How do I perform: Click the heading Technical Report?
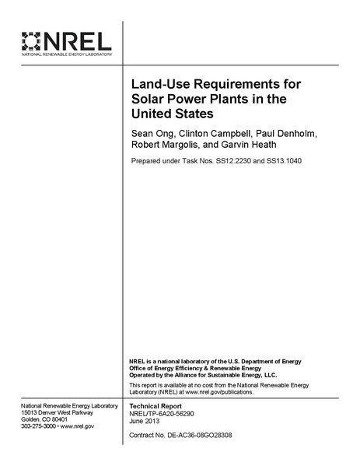click(156, 407)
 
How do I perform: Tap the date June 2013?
click(145, 423)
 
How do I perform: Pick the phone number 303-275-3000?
click(41, 426)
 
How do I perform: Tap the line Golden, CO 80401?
click(45, 420)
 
